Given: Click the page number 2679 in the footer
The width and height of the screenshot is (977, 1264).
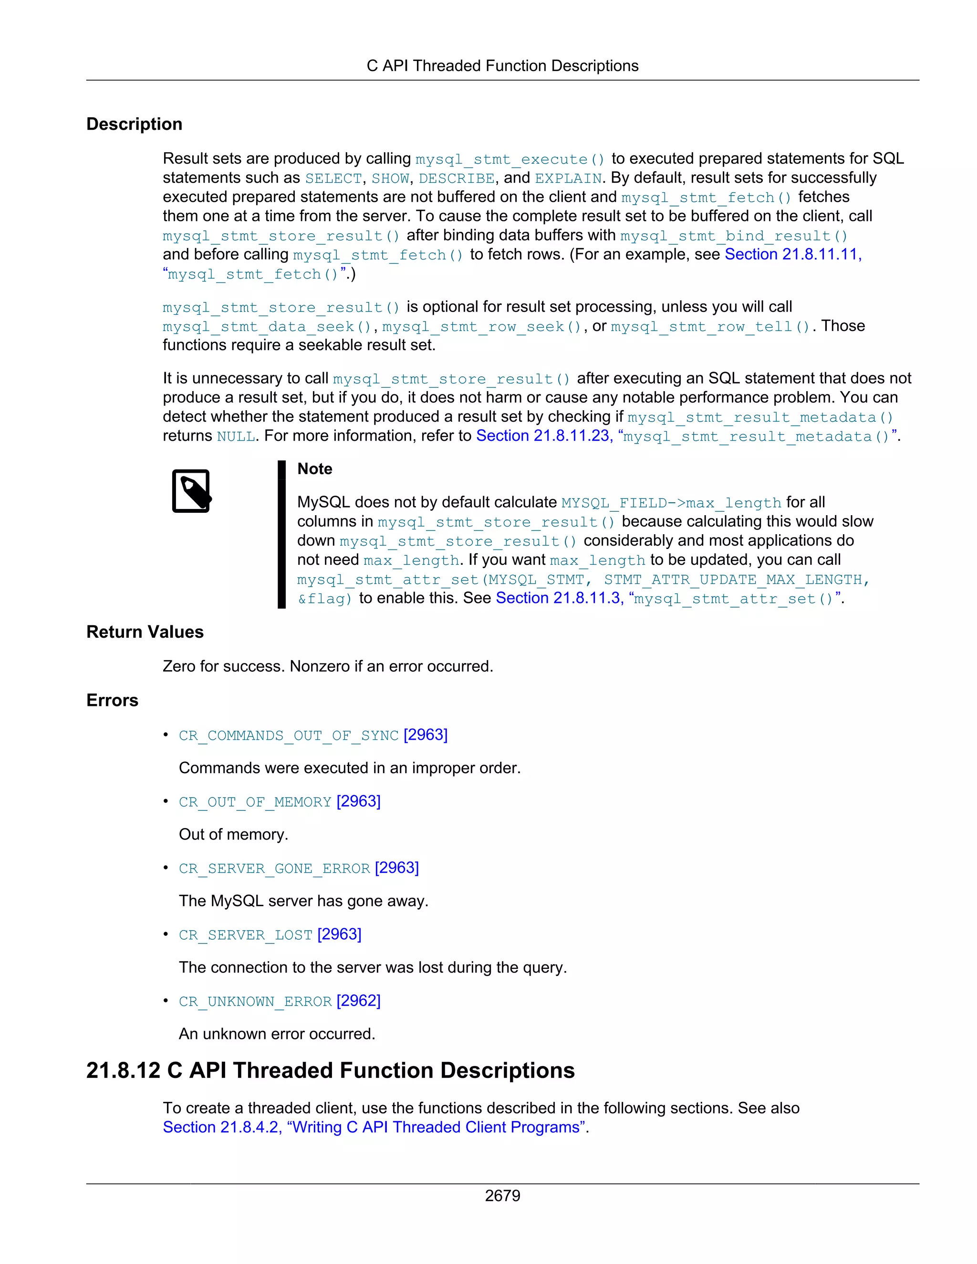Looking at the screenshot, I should [502, 1195].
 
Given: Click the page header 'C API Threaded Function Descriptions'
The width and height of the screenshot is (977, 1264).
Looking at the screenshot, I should [502, 66].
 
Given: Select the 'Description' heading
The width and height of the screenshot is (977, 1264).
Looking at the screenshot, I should [134, 124].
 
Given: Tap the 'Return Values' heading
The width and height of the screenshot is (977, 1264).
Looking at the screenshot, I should [145, 632].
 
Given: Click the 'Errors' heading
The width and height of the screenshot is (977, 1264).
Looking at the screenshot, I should [112, 700].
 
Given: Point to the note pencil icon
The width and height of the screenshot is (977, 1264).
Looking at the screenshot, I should [191, 491].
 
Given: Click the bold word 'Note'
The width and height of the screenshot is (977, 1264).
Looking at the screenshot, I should [314, 469].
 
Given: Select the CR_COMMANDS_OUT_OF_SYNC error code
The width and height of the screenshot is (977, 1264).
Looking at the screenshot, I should [288, 736].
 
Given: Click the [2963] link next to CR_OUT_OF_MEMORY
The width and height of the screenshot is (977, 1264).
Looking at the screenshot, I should [358, 802].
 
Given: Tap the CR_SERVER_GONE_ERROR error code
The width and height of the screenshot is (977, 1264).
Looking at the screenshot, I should [274, 868].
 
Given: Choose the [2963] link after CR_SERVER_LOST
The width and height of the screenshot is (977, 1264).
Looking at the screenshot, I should [339, 935].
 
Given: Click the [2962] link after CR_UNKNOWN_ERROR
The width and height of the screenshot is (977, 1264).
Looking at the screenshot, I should [358, 1001].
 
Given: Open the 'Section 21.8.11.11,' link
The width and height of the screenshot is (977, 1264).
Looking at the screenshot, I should [793, 255].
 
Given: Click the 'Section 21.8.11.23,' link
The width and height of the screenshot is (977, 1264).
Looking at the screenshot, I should [544, 436].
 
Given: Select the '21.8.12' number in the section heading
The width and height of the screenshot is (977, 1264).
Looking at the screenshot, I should [123, 1071].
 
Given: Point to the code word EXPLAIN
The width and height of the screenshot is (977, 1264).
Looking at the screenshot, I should [568, 178].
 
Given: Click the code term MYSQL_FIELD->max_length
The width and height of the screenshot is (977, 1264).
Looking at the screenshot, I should [671, 502].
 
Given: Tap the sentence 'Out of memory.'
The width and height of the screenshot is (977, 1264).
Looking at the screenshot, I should [233, 835].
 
